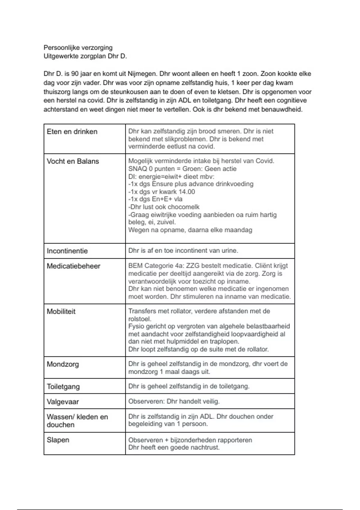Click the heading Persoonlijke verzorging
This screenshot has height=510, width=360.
pyautogui.click(x=78, y=48)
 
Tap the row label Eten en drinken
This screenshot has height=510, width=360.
pyautogui.click(x=72, y=132)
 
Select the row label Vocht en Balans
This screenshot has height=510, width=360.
pyautogui.click(x=73, y=161)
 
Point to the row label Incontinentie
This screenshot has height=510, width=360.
pyautogui.click(x=67, y=251)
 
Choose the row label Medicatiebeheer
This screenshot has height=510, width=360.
pyautogui.click(x=73, y=266)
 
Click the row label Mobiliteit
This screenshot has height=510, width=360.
pyautogui.click(x=61, y=311)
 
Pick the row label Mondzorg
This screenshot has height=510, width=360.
pyautogui.click(x=63, y=364)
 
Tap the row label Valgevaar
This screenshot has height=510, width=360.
pyautogui.click(x=63, y=402)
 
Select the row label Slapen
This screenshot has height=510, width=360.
pyautogui.click(x=58, y=440)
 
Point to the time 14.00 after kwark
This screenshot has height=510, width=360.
pyautogui.click(x=187, y=192)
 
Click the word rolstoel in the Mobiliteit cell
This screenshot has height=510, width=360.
pyautogui.click(x=139, y=319)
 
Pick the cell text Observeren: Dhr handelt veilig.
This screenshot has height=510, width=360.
pyautogui.click(x=174, y=401)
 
